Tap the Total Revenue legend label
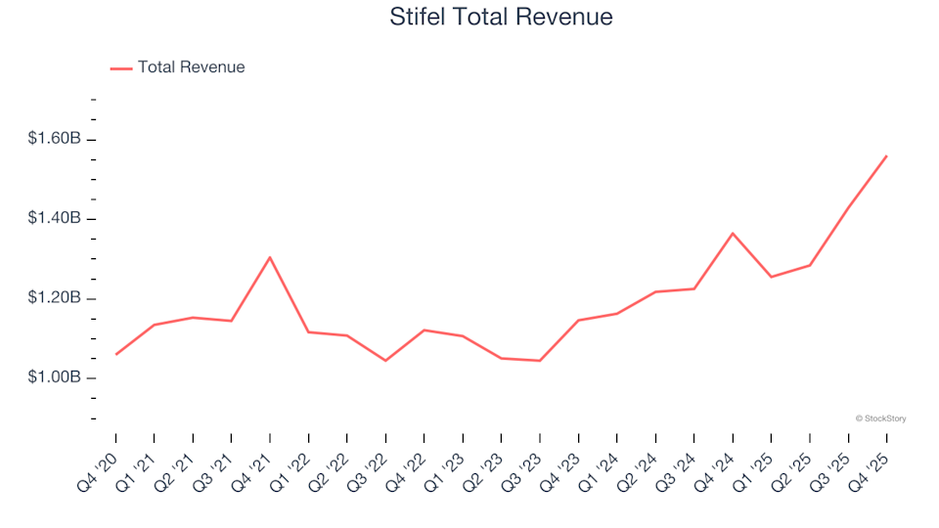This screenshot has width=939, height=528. pos(191,67)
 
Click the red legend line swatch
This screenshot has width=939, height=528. pos(121,68)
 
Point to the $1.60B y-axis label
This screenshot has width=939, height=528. pos(54,139)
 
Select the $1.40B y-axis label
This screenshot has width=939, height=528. pos(54,218)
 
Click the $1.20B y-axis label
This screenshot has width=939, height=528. pos(54,298)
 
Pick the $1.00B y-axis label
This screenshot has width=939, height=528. pos(54,377)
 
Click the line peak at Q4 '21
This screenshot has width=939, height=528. pos(270,257)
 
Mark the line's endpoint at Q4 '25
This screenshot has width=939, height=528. pos(886,155)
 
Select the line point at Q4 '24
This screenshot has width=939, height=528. pos(733,234)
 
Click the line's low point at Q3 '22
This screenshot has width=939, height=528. pos(385,361)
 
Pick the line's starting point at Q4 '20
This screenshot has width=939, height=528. pos(116,354)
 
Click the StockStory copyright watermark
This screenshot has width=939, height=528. pos(880,418)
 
